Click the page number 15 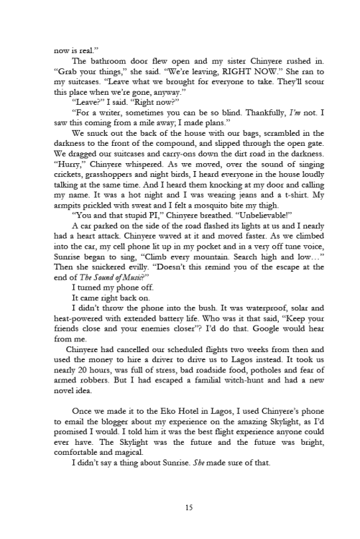(189, 507)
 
